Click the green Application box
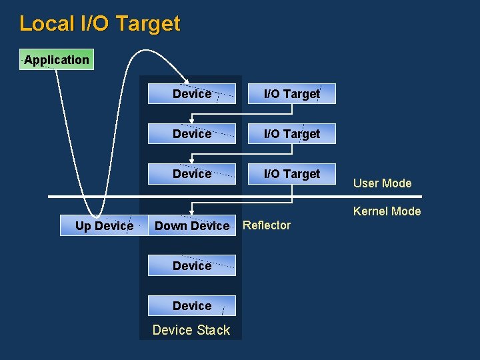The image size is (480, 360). coord(57,59)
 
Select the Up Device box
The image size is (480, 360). coord(104,226)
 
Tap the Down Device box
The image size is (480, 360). coord(191,226)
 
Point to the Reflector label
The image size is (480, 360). coord(267,225)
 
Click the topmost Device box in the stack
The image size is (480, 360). coord(191,94)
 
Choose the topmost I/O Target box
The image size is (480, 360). coord(292,94)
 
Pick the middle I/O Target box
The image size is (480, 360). coord(292,134)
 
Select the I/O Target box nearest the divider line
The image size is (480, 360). coord(292,174)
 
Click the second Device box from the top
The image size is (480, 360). coord(191,134)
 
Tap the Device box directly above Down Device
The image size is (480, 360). coord(191,174)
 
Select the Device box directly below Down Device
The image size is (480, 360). coord(191,266)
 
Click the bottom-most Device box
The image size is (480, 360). coord(191,306)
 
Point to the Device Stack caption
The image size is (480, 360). coord(191,330)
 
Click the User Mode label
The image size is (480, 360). coord(382,183)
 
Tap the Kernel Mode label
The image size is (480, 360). coord(387,211)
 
